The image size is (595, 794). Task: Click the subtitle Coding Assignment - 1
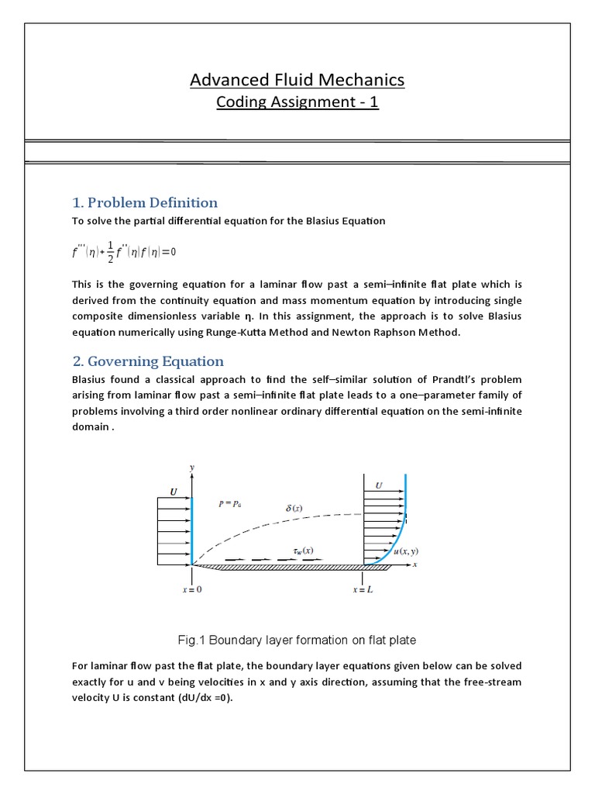(x=297, y=102)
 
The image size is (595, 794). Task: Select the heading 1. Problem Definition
(x=145, y=203)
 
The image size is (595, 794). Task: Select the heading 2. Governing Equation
(x=148, y=361)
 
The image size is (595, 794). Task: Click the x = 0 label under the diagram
(x=191, y=589)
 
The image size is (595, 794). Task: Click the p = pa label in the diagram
(x=230, y=503)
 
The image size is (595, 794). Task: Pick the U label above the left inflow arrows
(x=173, y=491)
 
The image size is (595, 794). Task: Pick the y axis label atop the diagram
(x=191, y=467)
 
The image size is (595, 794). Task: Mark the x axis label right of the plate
(x=415, y=565)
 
